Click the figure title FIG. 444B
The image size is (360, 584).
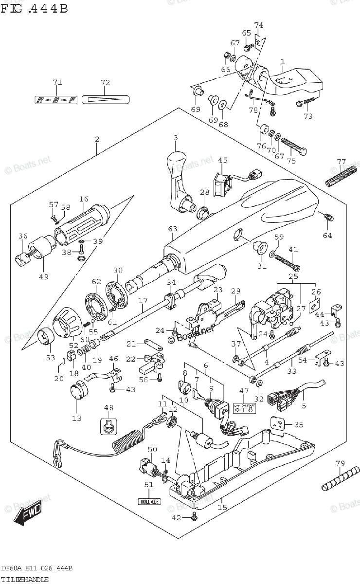tap(34, 8)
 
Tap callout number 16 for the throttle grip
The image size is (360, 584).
tap(84, 199)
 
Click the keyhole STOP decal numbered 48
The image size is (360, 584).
tap(109, 427)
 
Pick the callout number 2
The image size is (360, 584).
tap(97, 139)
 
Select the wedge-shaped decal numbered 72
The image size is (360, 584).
tap(106, 100)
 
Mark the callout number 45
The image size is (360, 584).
tap(222, 160)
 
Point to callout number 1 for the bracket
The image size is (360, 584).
tap(282, 62)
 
